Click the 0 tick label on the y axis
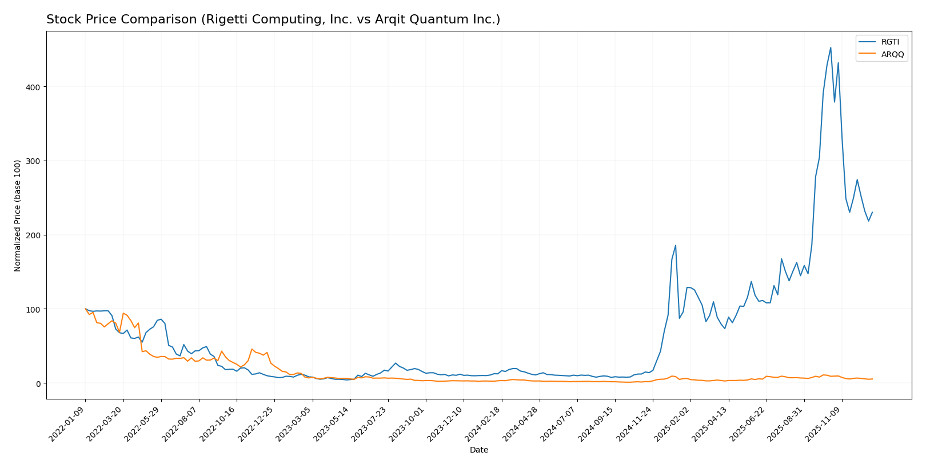[x=38, y=383]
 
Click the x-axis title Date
[x=479, y=450]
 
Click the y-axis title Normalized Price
[x=18, y=215]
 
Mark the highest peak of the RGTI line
[x=831, y=47]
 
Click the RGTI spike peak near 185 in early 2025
[x=676, y=246]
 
